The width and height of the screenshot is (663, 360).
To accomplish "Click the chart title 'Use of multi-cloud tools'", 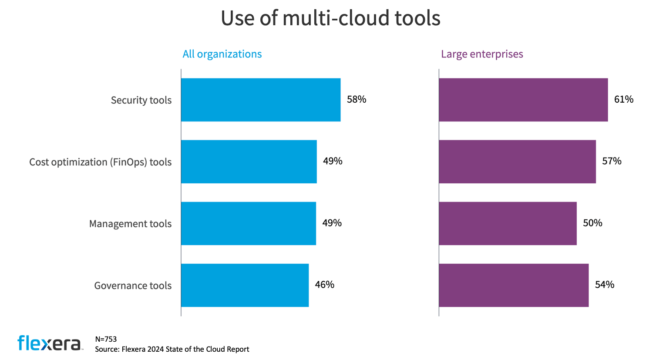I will point(330,18).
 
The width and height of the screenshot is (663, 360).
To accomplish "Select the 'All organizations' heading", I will point(222,54).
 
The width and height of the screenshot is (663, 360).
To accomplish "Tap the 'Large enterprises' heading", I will point(482,54).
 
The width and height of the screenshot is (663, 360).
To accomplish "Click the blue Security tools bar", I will point(260,100).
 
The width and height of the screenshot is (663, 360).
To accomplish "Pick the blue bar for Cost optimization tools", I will point(249,161).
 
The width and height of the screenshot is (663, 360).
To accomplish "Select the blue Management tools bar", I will point(248,223).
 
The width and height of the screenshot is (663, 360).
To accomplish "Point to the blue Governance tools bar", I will point(245,285).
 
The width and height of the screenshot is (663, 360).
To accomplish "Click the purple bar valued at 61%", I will point(523,100).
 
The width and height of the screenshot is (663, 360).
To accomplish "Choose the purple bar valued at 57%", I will point(517,161).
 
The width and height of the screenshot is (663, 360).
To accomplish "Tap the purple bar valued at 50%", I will point(508,223).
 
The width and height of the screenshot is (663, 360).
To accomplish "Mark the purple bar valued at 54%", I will point(514,285).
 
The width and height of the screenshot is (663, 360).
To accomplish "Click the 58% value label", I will point(357,100).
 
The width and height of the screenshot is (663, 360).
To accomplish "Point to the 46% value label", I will point(325,285).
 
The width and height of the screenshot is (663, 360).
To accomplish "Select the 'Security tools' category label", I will point(141,100).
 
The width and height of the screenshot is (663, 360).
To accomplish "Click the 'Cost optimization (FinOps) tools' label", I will point(101,162).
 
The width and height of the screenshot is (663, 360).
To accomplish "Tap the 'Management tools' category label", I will point(130,224).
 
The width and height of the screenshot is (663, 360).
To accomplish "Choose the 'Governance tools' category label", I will point(133,286).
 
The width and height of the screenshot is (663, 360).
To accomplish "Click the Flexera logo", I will point(49,343).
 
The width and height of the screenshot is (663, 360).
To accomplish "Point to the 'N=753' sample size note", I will point(106,339).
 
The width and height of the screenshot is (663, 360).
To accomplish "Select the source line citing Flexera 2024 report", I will point(172,349).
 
